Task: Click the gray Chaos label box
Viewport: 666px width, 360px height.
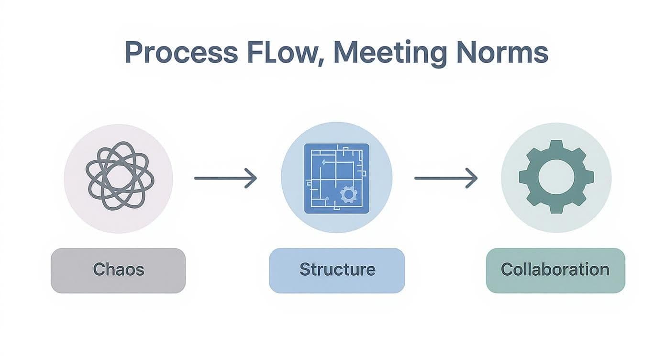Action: pos(118,270)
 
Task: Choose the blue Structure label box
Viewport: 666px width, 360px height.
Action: pos(337,270)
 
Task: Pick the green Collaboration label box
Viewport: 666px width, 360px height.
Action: pos(555,270)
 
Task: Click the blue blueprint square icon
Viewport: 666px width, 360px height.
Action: pos(337,179)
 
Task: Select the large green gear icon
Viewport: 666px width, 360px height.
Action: pos(556,177)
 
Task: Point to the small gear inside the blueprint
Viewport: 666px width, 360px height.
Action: pos(349,194)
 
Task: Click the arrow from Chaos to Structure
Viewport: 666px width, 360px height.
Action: pos(225,178)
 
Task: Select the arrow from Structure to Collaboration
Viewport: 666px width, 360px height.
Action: pos(445,178)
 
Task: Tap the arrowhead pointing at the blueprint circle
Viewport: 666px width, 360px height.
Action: pos(252,178)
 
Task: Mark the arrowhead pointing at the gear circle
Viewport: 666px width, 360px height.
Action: pos(473,178)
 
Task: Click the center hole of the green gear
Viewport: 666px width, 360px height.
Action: pos(556,177)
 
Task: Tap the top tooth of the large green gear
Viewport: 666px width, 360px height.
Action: pos(556,146)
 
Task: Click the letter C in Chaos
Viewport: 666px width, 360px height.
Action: pos(99,270)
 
